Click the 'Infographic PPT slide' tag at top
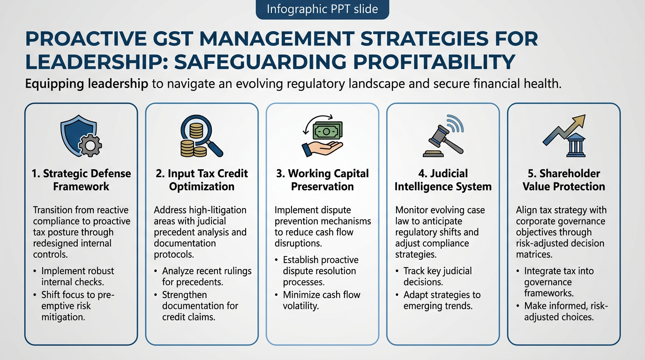322,9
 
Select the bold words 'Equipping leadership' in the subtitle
87,84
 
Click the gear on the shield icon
90,145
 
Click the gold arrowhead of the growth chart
579,120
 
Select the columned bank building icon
576,145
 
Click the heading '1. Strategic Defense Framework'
81,180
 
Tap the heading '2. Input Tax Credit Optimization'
202,180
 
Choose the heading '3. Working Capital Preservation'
322,180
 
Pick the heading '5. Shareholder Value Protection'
564,180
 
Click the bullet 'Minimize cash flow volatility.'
322,300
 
